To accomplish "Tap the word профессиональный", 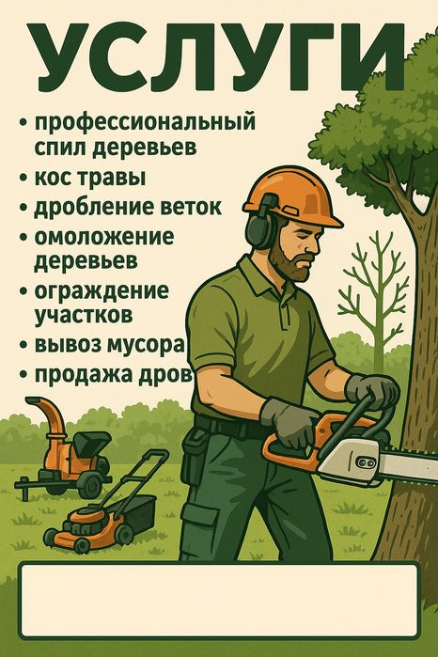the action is tap(145, 123).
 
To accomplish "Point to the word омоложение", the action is tap(104, 237).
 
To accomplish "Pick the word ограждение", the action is tap(102, 291).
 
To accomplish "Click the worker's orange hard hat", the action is tap(292, 196).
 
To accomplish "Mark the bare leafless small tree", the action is tap(376, 289).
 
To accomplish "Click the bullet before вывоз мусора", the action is tap(24, 346).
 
